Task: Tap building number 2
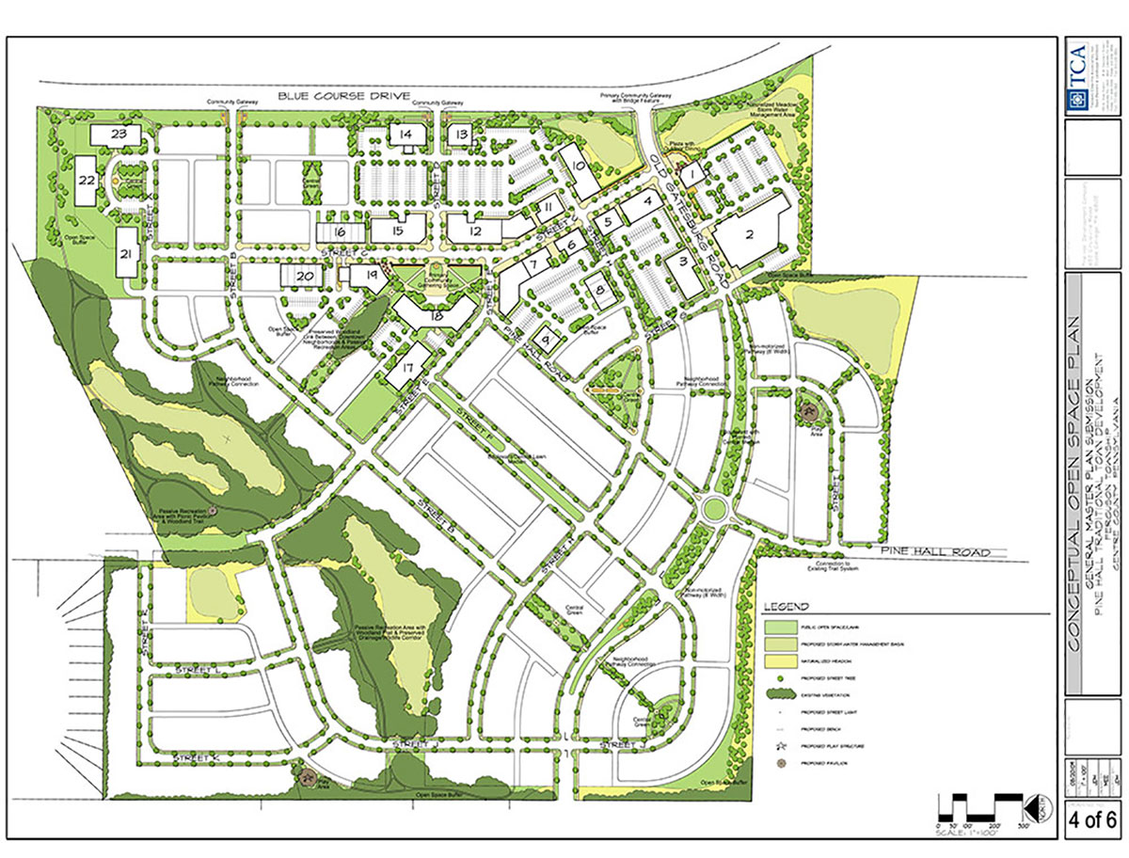click(x=749, y=234)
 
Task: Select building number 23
click(x=118, y=135)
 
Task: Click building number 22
click(x=87, y=178)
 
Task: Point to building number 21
click(x=125, y=252)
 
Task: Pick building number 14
click(x=406, y=135)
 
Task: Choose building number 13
click(x=461, y=135)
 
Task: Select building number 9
click(x=546, y=336)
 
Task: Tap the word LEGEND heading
click(x=787, y=606)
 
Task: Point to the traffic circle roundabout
click(x=717, y=509)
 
